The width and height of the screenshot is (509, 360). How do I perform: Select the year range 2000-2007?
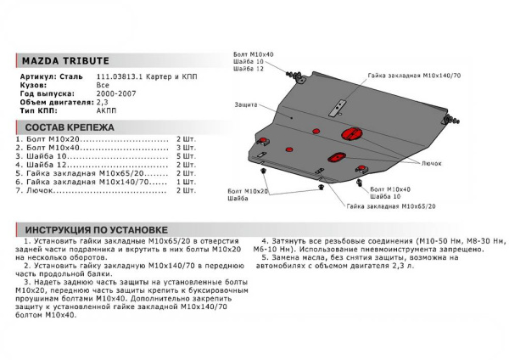pos(115,94)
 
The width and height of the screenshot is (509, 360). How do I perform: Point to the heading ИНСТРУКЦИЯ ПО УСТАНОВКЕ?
pos(97,229)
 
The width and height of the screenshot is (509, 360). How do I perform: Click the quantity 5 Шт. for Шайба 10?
pos(186,158)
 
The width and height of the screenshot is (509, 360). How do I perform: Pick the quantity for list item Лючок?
pos(186,190)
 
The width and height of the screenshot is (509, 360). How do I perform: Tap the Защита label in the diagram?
pos(247,105)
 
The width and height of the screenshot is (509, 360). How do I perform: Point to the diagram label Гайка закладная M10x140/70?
pos(415,75)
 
